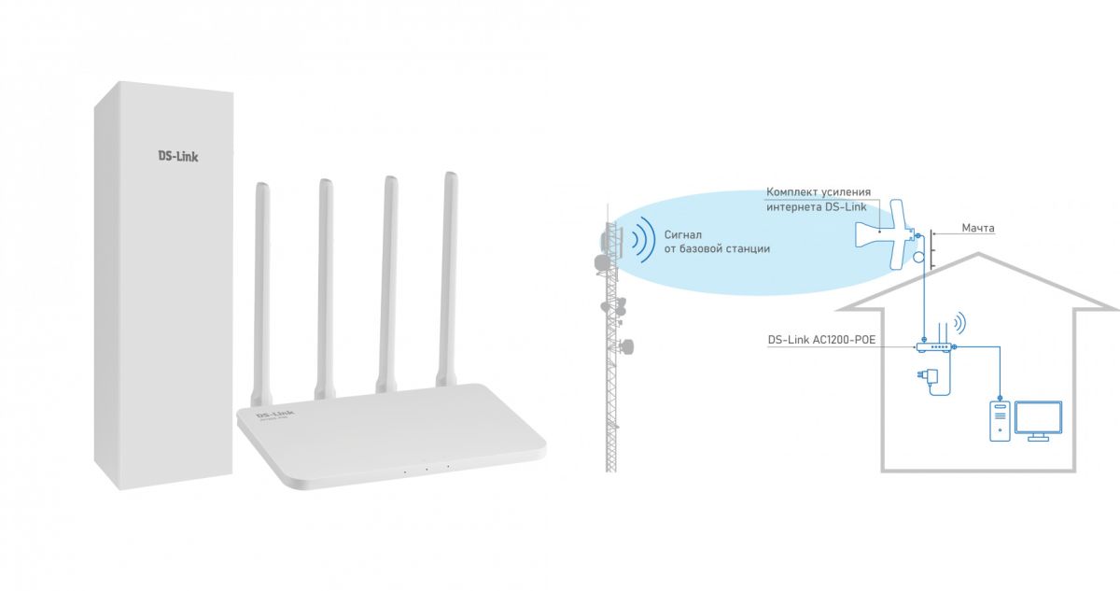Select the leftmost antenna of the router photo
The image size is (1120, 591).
(x=262, y=280)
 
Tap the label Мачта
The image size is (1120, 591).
(x=978, y=228)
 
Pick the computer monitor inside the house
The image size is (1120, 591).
(x=1039, y=421)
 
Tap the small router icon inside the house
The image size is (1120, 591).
(x=934, y=345)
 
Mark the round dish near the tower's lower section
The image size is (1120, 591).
(x=627, y=346)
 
